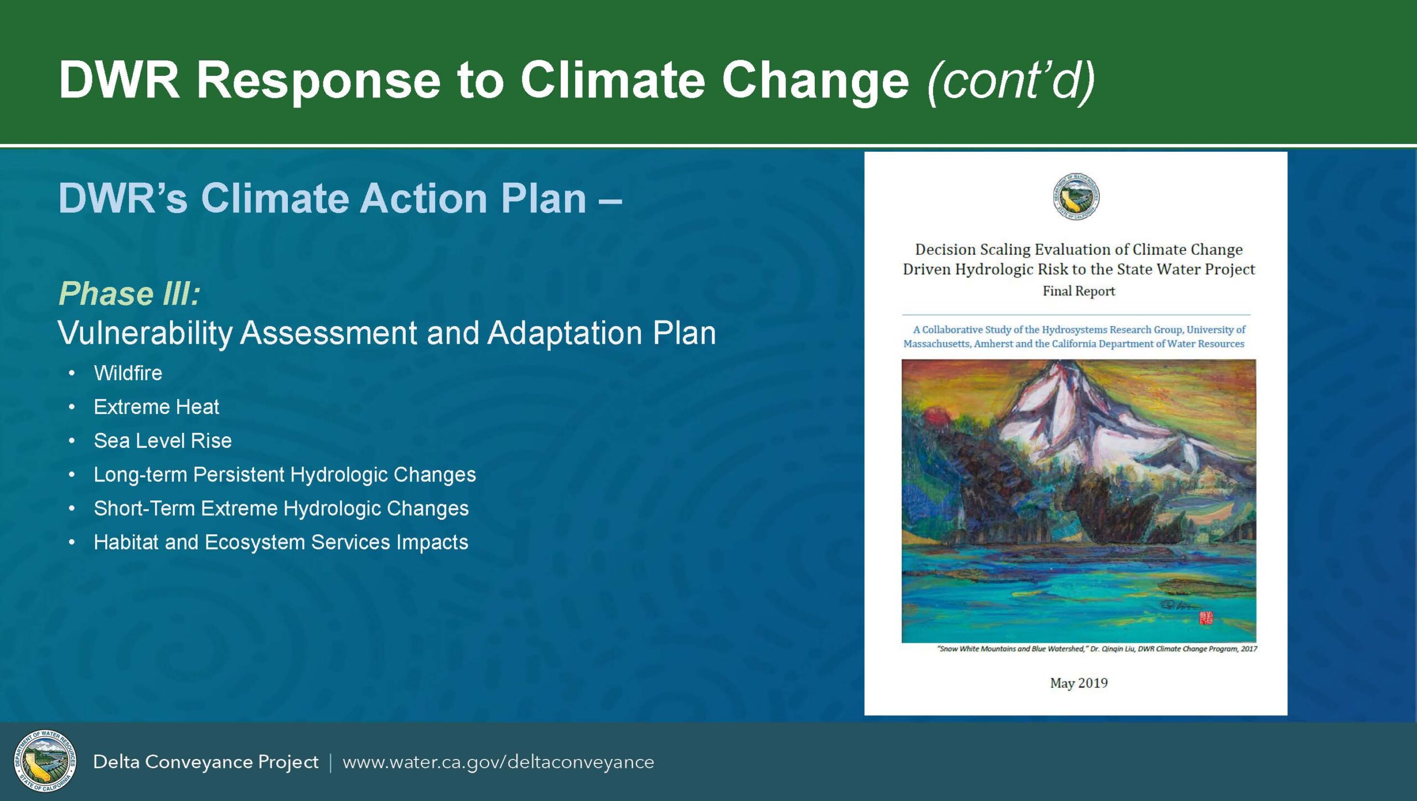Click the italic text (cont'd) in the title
[x=1011, y=80]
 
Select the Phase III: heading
[x=129, y=293]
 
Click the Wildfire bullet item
[x=128, y=373]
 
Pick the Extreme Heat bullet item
[x=157, y=407]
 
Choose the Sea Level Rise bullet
[x=163, y=441]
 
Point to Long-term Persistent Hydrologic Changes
[x=285, y=475]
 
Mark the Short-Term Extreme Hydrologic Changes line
[x=281, y=509]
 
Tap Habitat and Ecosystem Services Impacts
[x=281, y=542]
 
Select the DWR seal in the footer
[x=45, y=761]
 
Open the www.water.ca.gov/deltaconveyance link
[x=498, y=762]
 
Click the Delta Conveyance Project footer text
[x=205, y=762]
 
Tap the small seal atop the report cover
[x=1076, y=197]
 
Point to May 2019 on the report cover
[x=1079, y=683]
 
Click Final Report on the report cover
[x=1079, y=291]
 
